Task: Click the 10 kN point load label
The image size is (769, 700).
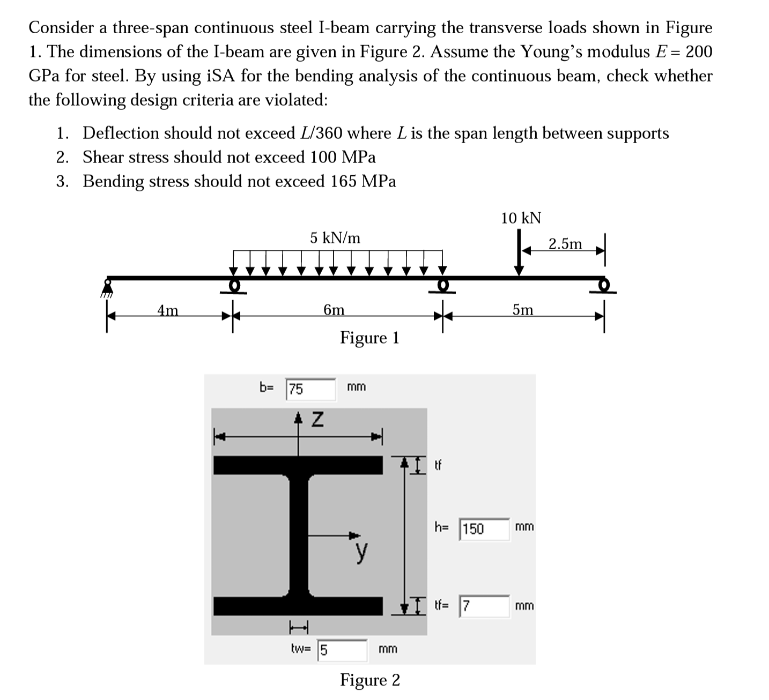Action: tap(521, 218)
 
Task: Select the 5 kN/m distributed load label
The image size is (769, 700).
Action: tap(335, 237)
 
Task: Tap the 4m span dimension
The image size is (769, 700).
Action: tap(168, 310)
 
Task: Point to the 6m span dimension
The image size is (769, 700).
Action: tap(334, 310)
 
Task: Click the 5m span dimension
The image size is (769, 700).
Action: tap(523, 310)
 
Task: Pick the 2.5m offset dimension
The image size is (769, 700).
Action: tap(565, 244)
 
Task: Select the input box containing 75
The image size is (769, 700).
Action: tap(310, 389)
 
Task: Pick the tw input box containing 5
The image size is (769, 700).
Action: tap(342, 650)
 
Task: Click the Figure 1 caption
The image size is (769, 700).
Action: tap(369, 338)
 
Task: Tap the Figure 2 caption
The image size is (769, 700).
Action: tap(369, 680)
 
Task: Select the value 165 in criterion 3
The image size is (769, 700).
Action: tap(344, 182)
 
